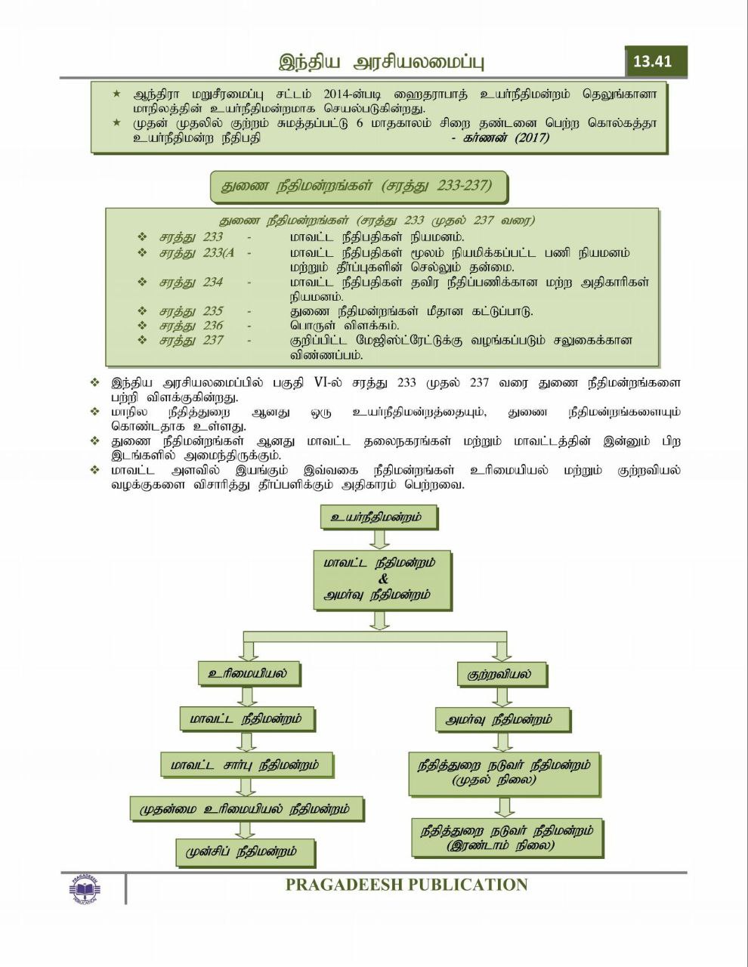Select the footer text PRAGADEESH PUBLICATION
[x=406, y=885]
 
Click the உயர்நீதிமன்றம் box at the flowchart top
[x=380, y=518]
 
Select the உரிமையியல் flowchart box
[x=249, y=673]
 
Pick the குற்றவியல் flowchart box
[x=502, y=674]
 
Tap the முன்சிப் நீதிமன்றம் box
[x=246, y=852]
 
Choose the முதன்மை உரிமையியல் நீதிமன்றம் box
[x=246, y=809]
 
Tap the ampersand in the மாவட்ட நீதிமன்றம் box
[x=383, y=579]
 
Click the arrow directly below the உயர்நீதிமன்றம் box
[x=380, y=539]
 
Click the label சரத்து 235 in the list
[x=191, y=311]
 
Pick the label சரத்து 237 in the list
[x=191, y=340]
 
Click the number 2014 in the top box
[x=339, y=94]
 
